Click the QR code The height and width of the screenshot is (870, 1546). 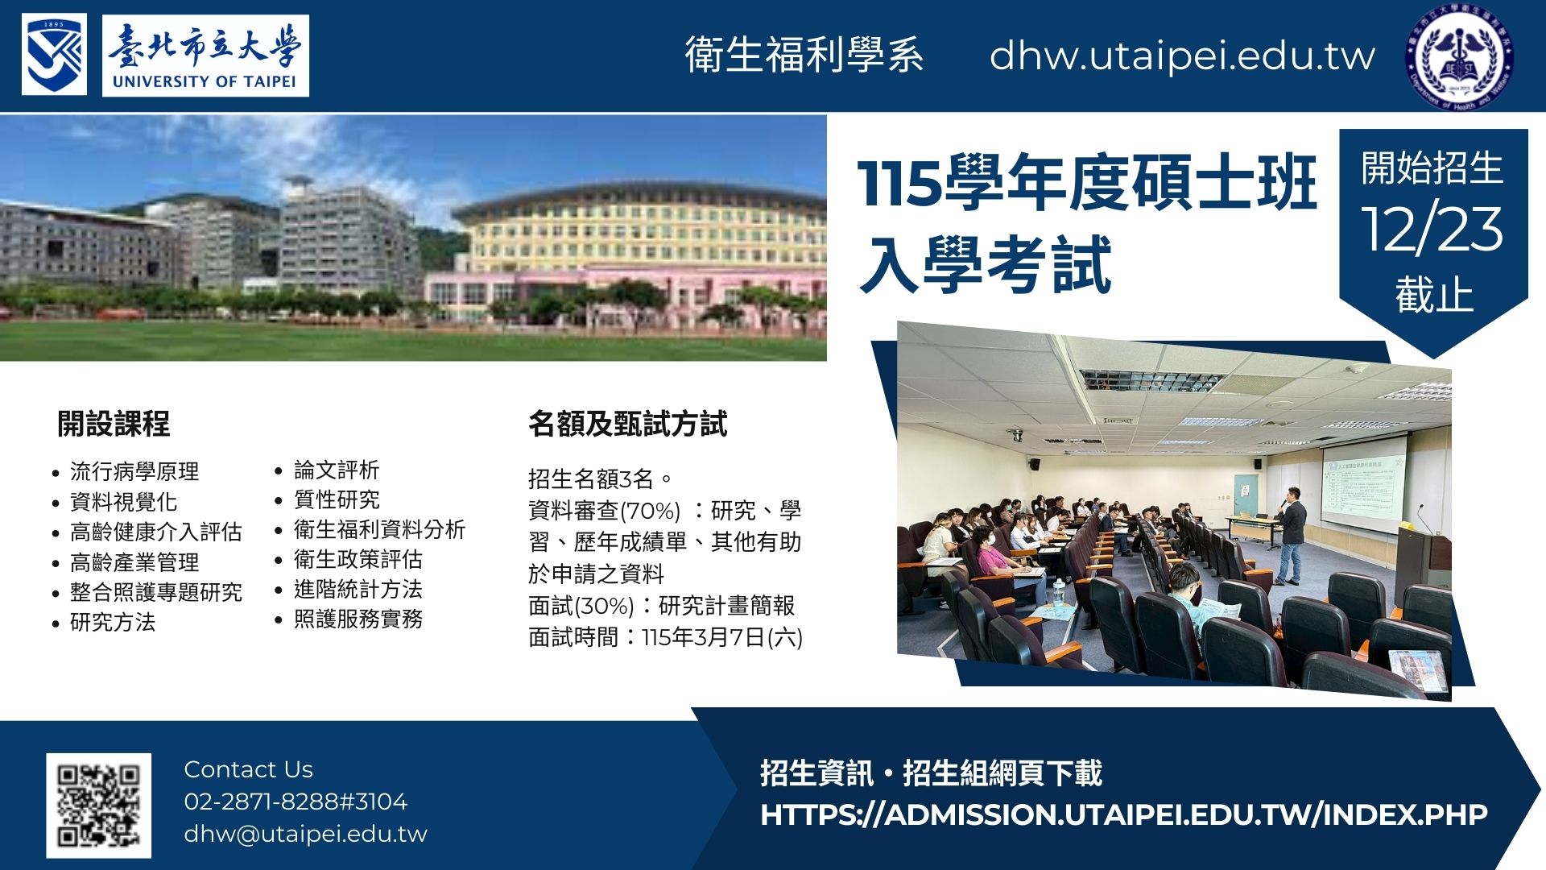click(98, 805)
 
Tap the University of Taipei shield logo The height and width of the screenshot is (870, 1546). click(54, 54)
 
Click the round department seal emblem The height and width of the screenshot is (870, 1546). click(1458, 56)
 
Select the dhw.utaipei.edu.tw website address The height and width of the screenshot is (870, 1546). click(1181, 56)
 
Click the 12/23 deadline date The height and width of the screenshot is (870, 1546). click(1432, 229)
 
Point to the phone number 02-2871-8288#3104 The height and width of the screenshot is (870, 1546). click(296, 802)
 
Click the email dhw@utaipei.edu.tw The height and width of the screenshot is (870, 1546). click(305, 834)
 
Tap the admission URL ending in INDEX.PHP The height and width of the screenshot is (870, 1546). click(1123, 814)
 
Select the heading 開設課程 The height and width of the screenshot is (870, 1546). click(114, 424)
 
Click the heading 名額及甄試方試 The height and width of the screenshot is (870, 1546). click(627, 424)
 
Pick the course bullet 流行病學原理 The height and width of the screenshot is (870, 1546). click(134, 471)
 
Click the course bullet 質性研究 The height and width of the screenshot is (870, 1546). click(336, 499)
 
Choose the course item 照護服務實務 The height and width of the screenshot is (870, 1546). click(358, 619)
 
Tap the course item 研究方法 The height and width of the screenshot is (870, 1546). click(112, 622)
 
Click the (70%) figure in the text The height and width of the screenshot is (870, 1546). click(650, 511)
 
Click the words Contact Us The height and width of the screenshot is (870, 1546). click(248, 769)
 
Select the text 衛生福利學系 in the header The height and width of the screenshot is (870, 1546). click(804, 56)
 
